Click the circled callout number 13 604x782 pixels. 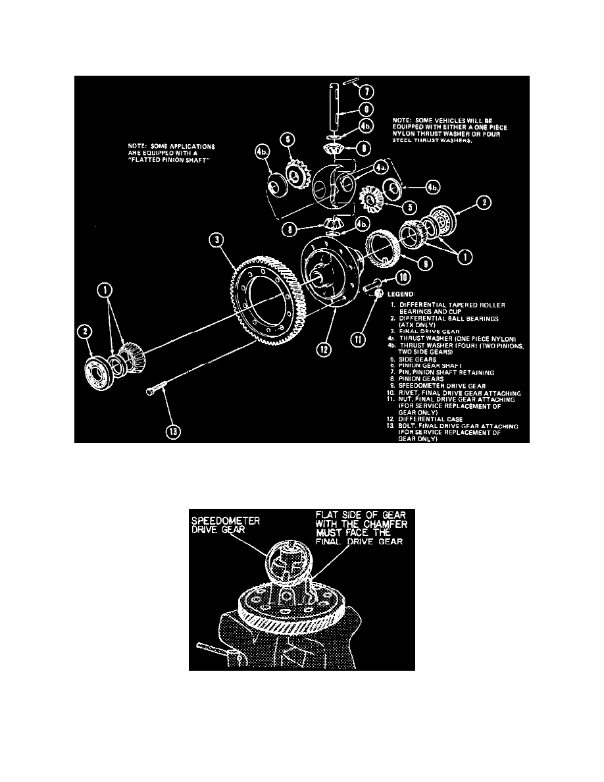(x=173, y=431)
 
